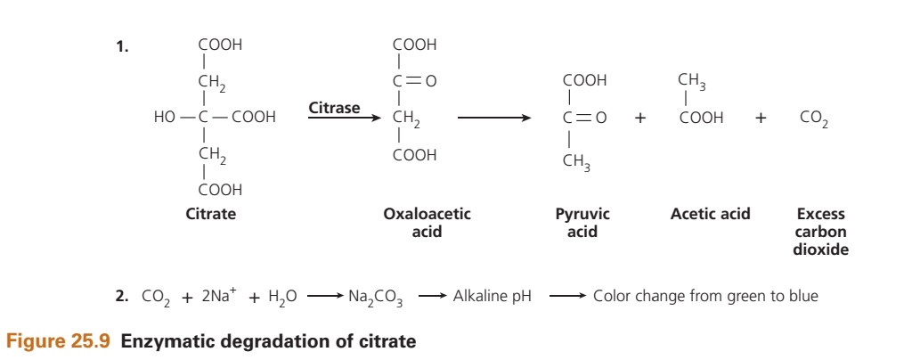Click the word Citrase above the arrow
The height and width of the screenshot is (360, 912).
[334, 108]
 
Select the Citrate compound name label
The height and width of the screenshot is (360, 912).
[211, 214]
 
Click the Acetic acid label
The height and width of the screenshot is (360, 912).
[710, 214]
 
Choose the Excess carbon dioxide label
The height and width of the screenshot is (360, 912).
[820, 232]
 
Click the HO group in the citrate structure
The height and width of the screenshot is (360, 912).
[165, 117]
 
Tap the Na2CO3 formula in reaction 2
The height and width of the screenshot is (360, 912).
[380, 298]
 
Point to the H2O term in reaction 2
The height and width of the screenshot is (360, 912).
[281, 298]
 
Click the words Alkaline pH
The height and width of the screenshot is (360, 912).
[492, 297]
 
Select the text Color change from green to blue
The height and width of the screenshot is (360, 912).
[705, 297]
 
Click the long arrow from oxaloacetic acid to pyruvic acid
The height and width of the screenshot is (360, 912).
[494, 117]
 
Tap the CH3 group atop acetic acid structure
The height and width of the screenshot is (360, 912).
[692, 81]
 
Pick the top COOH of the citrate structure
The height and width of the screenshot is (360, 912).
[220, 45]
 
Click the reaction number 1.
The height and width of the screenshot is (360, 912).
[122, 48]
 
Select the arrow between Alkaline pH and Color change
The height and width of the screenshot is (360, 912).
[566, 297]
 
